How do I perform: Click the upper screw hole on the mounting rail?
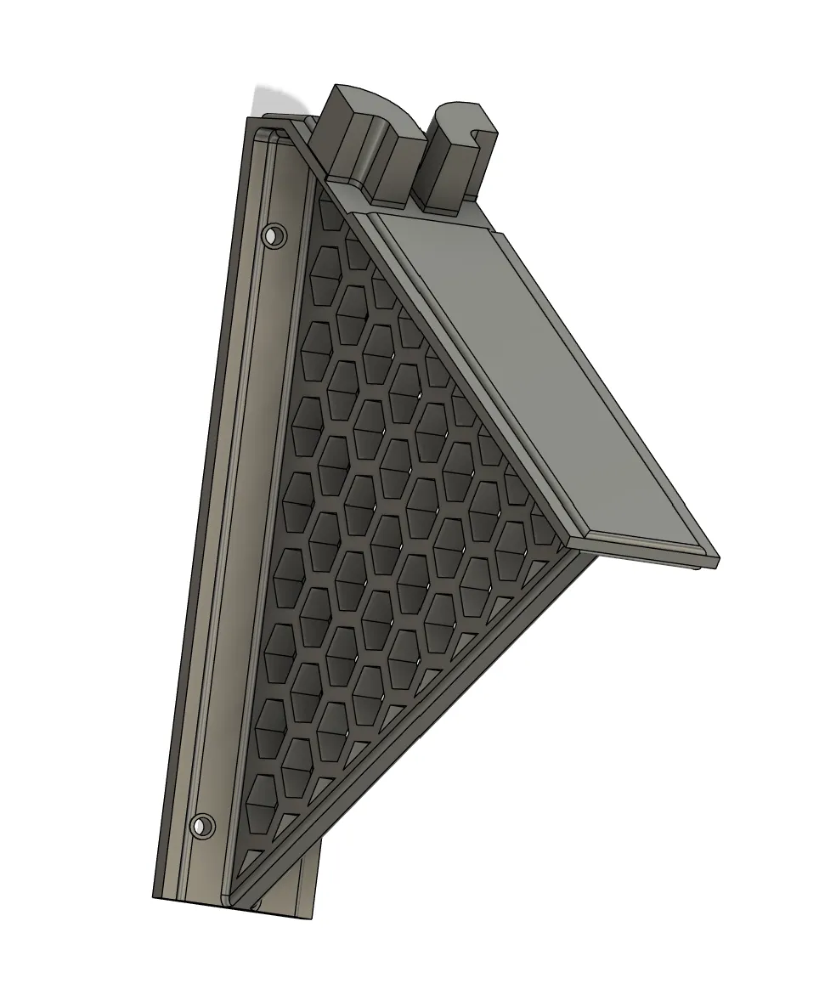[x=274, y=234]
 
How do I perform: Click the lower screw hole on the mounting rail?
[x=202, y=825]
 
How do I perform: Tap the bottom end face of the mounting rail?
[x=238, y=907]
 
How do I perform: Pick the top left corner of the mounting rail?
[x=248, y=119]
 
